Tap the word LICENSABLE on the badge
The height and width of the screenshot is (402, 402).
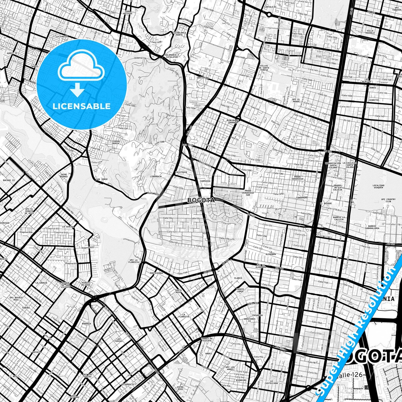point(82,106)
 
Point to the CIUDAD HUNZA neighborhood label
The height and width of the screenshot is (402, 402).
point(116,142)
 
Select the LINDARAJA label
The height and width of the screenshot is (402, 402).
point(156,176)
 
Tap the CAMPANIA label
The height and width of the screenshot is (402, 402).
point(205,181)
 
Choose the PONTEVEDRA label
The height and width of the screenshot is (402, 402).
point(156,273)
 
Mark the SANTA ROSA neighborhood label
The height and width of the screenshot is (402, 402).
point(178,291)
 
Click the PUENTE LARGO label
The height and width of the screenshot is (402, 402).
point(240,290)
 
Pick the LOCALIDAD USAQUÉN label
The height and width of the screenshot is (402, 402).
point(378,186)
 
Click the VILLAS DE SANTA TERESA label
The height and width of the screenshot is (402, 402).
point(264,68)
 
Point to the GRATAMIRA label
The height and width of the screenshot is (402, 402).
point(203,78)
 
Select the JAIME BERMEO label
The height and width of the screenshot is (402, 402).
point(63,175)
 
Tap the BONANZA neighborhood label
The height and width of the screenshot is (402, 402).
point(86,324)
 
